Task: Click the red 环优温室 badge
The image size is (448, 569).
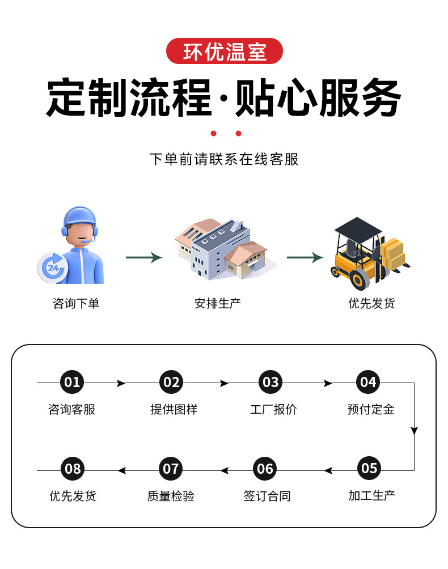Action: (x=224, y=52)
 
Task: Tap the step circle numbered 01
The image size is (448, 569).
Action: (x=72, y=383)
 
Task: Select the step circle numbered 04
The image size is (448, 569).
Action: (x=368, y=383)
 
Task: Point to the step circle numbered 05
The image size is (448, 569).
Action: (x=369, y=469)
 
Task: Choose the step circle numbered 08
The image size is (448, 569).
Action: (x=73, y=469)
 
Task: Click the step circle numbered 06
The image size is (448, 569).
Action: (x=265, y=469)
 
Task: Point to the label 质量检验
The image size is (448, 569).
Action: (x=171, y=496)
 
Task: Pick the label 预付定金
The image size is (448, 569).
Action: (x=370, y=410)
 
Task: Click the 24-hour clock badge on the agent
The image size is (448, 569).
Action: (x=53, y=266)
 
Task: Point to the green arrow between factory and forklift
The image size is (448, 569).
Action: (x=305, y=258)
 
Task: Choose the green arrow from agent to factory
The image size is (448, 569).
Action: (x=144, y=258)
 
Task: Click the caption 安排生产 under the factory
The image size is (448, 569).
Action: (x=218, y=304)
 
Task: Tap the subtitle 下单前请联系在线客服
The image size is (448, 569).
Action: (x=223, y=159)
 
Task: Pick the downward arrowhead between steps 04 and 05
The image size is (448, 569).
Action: (x=414, y=431)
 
